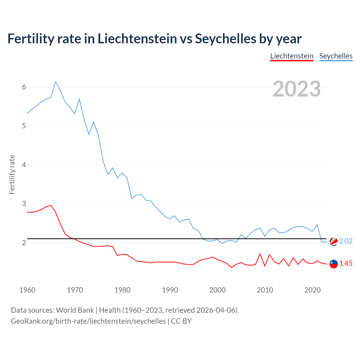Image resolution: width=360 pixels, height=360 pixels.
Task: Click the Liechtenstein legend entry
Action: coord(292,56)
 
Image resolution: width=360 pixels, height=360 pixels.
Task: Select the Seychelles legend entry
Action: coord(336,56)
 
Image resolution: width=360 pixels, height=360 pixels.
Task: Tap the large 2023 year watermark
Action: coord(296,89)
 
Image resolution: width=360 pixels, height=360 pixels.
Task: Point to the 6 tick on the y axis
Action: coord(24,87)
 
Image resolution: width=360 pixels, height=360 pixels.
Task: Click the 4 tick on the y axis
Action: coord(24,165)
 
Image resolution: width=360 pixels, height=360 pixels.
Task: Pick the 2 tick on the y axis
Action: coord(24,243)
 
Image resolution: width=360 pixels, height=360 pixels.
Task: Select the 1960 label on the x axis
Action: coord(27,290)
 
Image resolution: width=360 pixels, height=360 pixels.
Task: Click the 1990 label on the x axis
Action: coord(170,290)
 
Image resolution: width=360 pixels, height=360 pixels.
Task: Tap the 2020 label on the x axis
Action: coord(312,290)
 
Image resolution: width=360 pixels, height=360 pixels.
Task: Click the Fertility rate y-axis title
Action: coord(12,174)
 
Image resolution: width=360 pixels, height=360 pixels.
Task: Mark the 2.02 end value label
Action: coord(346,241)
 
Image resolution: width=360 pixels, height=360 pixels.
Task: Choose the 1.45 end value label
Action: coord(346,264)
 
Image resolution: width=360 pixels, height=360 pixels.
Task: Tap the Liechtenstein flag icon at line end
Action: coord(334,264)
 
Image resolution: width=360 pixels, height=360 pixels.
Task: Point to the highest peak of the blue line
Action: coord(56,82)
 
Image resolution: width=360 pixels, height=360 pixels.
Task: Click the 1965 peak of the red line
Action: coord(51,205)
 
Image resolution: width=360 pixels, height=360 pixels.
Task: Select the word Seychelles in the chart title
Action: coord(226,39)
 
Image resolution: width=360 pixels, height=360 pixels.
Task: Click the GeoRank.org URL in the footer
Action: coord(88,321)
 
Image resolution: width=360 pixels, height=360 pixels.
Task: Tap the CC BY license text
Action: coord(181,321)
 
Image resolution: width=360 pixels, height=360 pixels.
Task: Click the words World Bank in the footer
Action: coord(75,310)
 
